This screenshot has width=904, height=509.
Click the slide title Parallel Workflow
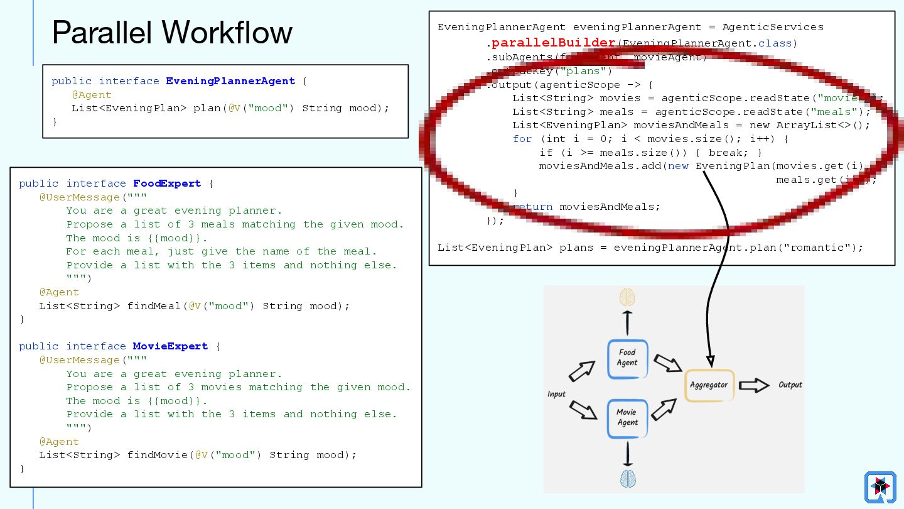[x=172, y=33]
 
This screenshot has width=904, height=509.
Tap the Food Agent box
[x=627, y=358]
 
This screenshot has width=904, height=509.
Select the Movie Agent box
[x=627, y=418]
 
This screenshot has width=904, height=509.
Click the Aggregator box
[x=709, y=385]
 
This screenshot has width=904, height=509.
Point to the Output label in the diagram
[x=790, y=385]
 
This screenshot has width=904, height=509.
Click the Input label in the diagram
[x=556, y=394]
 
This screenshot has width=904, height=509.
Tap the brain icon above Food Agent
[x=627, y=297]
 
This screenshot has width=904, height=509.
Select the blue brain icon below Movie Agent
[x=628, y=478]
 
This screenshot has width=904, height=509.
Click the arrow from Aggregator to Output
[x=754, y=385]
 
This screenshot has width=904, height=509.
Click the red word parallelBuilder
[x=553, y=43]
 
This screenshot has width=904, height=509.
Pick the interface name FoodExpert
[x=167, y=183]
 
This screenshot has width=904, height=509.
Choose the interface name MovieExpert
[x=170, y=346]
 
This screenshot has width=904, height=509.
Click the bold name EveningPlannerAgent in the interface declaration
[x=230, y=81]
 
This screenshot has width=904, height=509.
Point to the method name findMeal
[x=154, y=306]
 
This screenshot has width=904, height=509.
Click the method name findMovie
[x=157, y=455]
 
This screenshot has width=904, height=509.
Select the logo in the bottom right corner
[x=880, y=487]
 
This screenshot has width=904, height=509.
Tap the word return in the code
[x=532, y=207]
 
